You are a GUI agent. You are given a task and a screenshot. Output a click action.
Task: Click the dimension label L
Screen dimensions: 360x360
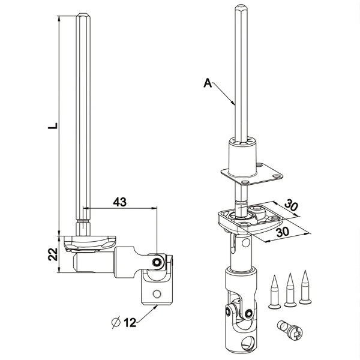pos(53,126)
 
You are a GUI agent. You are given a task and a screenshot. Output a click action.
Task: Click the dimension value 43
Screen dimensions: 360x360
pos(120,202)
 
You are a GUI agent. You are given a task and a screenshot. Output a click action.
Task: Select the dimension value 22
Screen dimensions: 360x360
pos(53,254)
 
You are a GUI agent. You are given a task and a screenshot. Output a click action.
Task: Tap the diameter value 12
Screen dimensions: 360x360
pos(130,323)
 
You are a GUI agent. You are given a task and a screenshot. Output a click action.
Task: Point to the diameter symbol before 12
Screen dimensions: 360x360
pos(116,322)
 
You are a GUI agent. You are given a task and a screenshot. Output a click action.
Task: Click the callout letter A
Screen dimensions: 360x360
pos(208,83)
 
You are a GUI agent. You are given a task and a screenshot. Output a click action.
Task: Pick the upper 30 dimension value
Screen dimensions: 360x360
pos(291,206)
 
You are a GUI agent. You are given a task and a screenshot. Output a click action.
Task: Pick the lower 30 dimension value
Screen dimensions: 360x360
pos(283,232)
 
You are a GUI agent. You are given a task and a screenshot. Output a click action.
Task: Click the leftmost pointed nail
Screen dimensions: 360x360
pos(275,292)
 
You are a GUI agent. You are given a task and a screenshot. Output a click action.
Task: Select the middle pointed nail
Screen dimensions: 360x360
pos(290,290)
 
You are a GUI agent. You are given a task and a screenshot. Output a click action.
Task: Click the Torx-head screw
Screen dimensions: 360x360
pos(290,331)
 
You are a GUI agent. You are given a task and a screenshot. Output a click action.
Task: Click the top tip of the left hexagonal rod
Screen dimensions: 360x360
pos(83,13)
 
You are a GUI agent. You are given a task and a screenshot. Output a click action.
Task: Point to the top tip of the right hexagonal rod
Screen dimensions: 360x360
pos(241,4)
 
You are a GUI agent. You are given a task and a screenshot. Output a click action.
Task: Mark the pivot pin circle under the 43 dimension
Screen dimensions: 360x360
pos(157,262)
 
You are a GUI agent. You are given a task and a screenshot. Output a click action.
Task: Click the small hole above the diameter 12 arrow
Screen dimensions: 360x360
pos(157,293)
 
